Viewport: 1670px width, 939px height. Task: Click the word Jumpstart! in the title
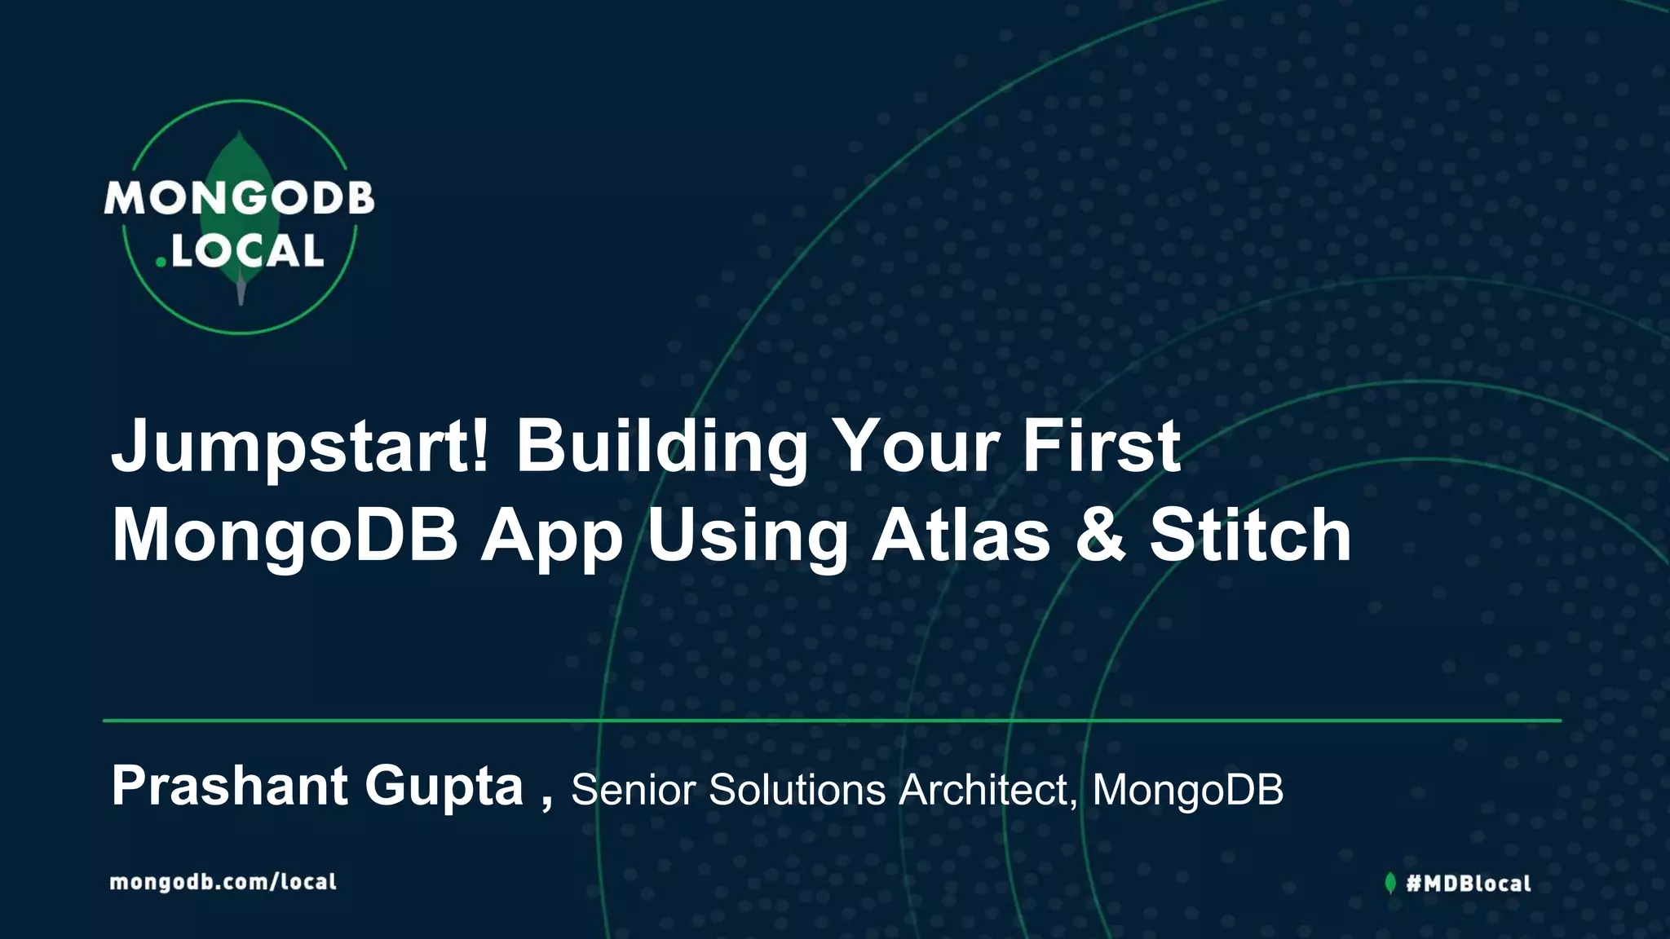tap(300, 447)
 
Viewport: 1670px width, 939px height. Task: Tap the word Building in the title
tap(661, 447)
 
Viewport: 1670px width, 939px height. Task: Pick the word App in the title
tap(552, 538)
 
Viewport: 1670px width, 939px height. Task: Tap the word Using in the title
tap(748, 538)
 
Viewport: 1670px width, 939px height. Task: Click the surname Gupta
tap(444, 787)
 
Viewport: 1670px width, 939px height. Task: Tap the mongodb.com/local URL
tap(223, 882)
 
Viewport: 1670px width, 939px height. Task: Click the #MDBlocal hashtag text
tap(1469, 883)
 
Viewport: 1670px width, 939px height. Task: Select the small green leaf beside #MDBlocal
tap(1390, 883)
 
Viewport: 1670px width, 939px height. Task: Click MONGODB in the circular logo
tap(239, 198)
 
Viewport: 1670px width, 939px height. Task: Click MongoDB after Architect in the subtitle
tap(1187, 789)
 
